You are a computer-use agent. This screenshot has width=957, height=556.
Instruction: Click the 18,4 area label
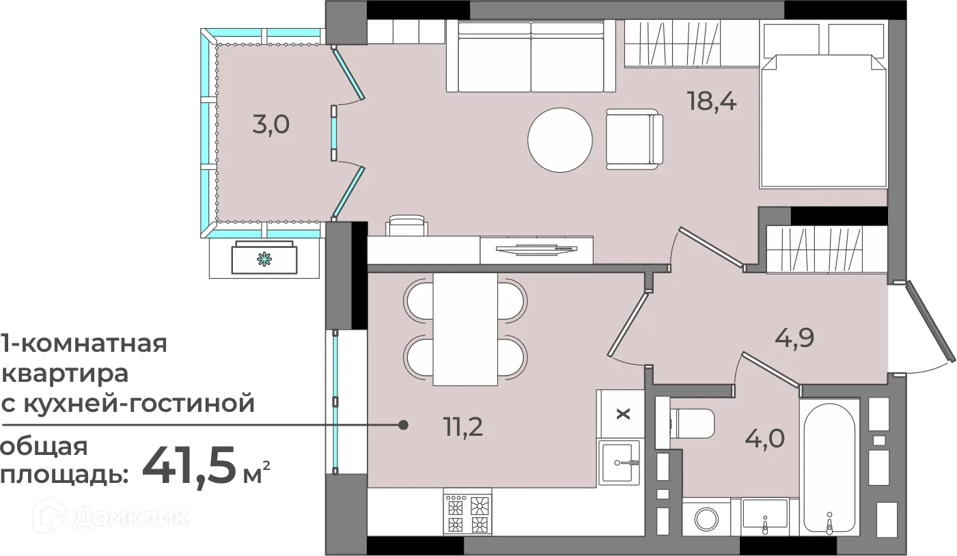(712, 102)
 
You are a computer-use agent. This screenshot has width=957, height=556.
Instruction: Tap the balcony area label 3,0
(271, 125)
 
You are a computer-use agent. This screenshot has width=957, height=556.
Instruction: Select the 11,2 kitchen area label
(463, 426)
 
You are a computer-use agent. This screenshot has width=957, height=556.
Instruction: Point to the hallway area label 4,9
(794, 338)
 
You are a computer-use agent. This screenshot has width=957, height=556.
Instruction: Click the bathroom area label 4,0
(765, 439)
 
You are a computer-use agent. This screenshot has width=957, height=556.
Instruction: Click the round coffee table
(559, 140)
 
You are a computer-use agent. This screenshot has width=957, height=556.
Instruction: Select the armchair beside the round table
(635, 139)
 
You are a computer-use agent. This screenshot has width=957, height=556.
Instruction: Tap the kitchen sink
(619, 462)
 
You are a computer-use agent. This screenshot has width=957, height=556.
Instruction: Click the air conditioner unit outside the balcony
(264, 258)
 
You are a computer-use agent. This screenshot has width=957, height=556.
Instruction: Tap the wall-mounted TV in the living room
(536, 249)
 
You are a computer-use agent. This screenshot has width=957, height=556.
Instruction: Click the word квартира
(65, 374)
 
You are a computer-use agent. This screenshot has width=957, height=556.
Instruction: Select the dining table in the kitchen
(464, 329)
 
